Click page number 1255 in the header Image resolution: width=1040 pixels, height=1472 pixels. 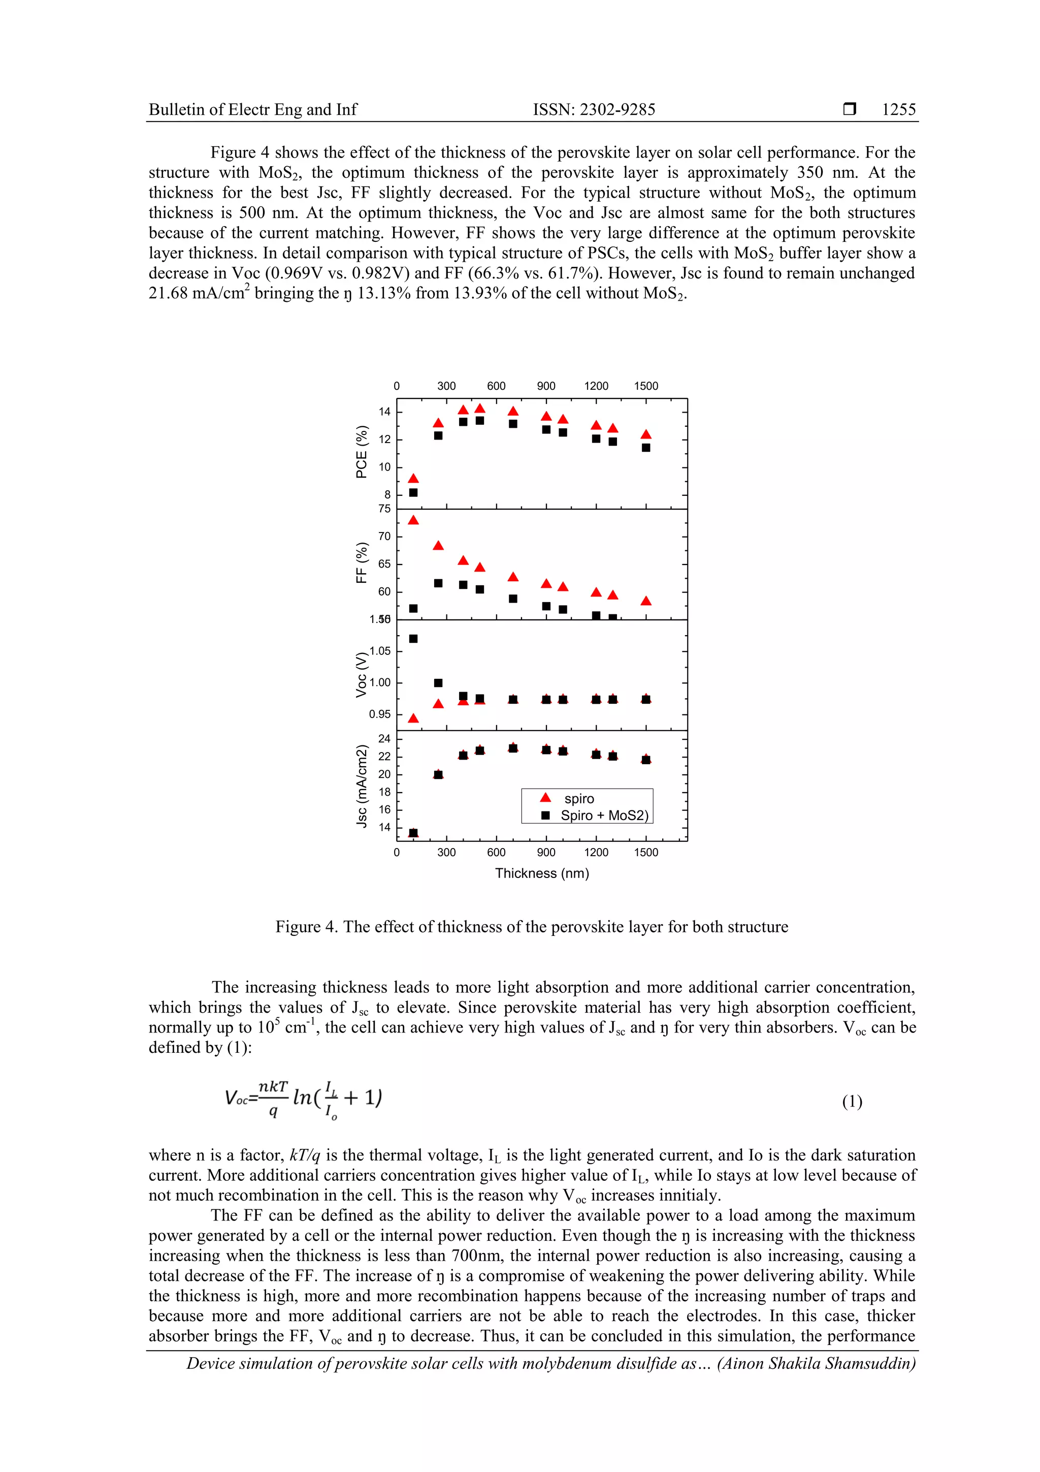click(x=898, y=110)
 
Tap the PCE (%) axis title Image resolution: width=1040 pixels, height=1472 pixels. click(x=362, y=452)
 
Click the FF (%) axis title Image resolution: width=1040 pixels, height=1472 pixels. click(x=362, y=563)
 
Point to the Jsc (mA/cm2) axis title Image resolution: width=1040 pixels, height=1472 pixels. click(x=362, y=786)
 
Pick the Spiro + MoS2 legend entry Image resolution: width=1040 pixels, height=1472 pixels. click(x=595, y=816)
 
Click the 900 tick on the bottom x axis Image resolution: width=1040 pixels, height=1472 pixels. click(x=546, y=852)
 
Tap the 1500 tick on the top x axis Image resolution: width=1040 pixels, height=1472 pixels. click(x=646, y=386)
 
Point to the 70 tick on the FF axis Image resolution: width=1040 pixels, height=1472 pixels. click(x=384, y=537)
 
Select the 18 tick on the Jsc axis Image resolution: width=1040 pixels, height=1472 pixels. click(x=384, y=792)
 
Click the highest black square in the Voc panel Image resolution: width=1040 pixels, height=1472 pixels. click(x=413, y=639)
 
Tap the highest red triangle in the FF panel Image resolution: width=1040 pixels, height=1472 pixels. click(x=413, y=520)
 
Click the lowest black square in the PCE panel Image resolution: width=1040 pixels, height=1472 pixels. click(x=413, y=492)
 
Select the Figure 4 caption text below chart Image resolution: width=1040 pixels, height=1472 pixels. click(x=531, y=927)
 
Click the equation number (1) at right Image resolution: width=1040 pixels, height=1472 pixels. click(x=852, y=1102)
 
